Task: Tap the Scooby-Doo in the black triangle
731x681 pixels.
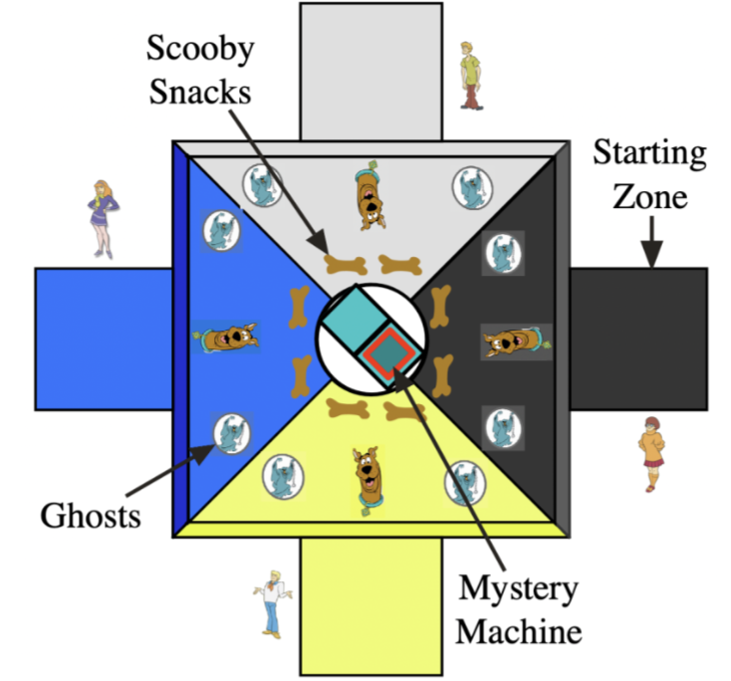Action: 513,342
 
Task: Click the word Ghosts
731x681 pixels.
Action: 90,516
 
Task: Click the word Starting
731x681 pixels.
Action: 648,154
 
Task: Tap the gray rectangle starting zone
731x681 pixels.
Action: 370,70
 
